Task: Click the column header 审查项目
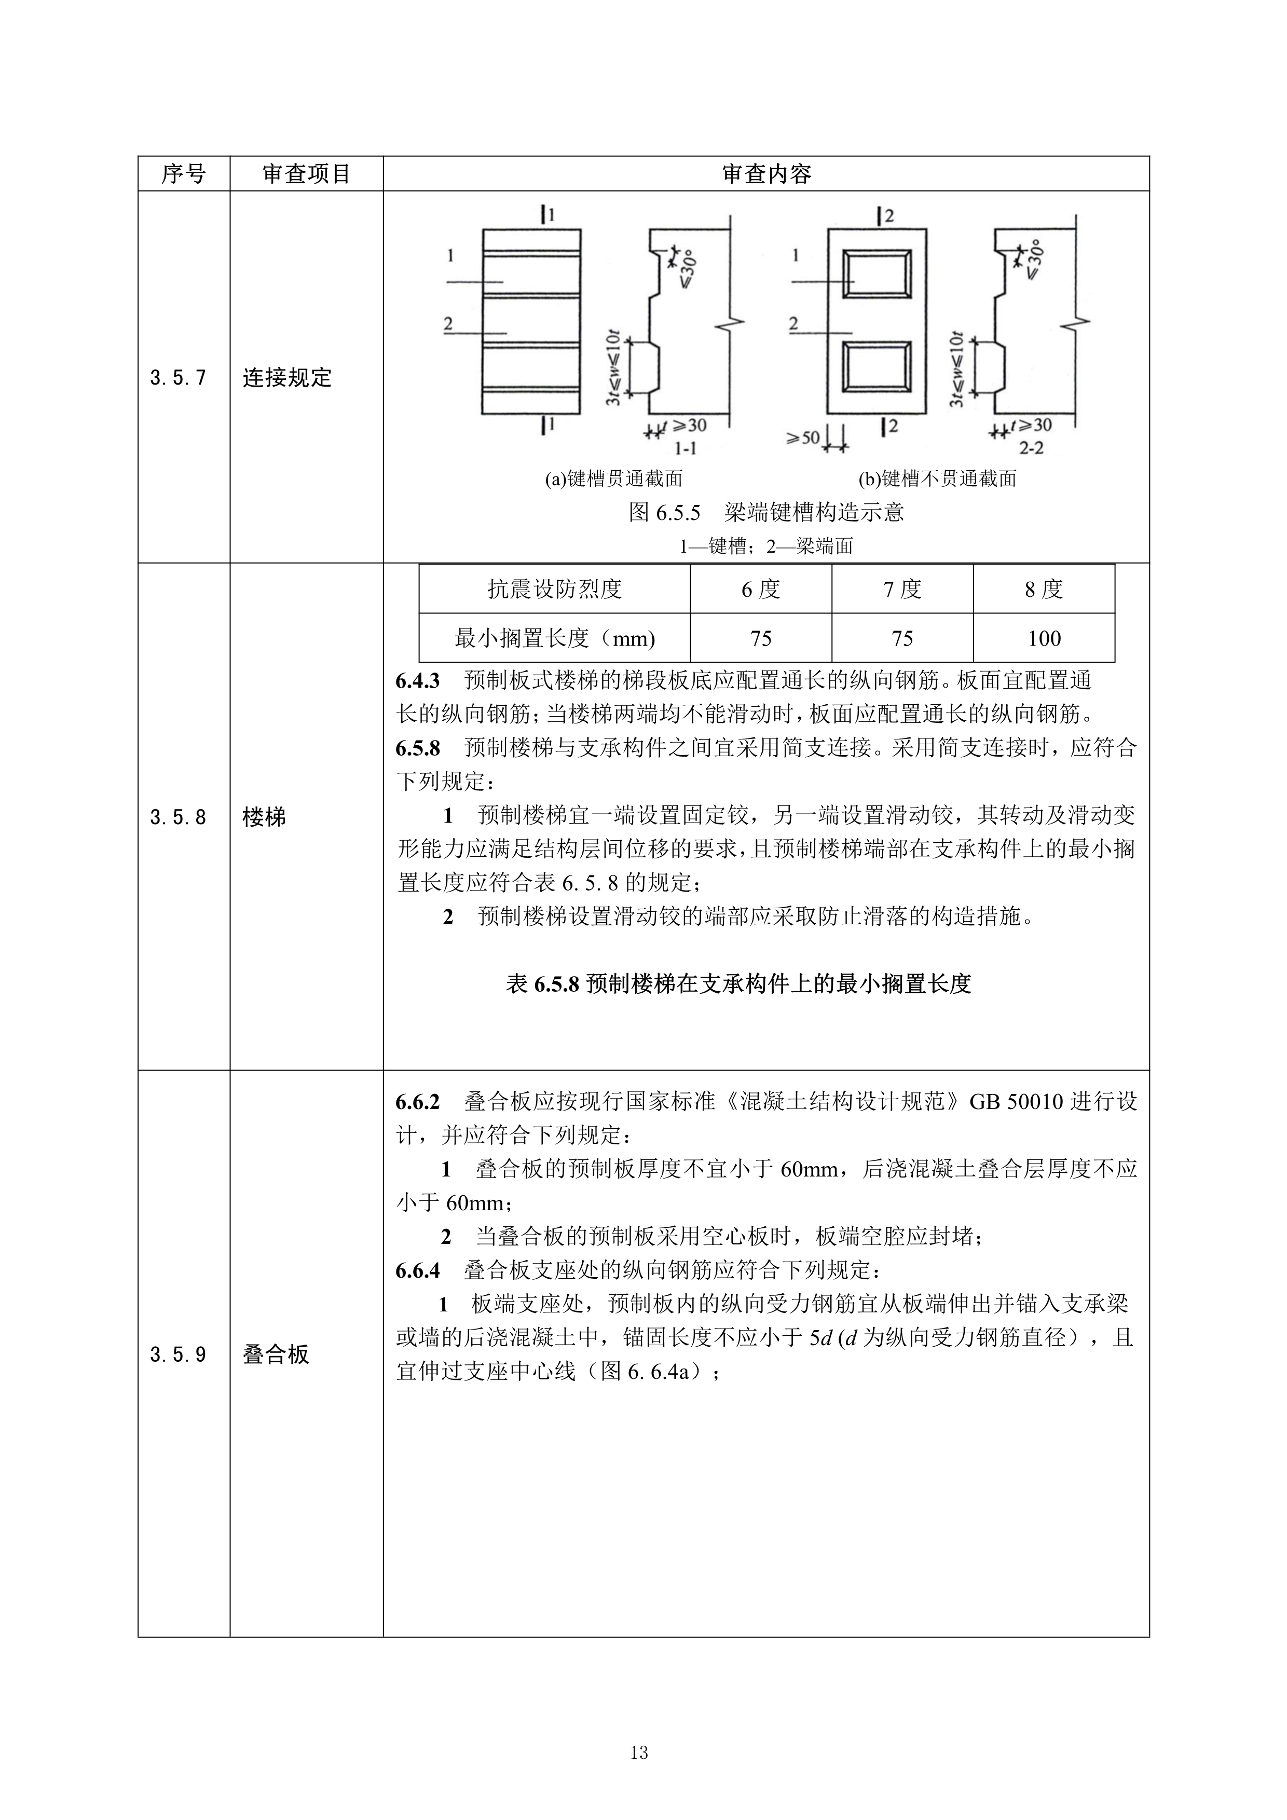(307, 174)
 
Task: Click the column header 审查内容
(766, 174)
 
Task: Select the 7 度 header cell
(902, 589)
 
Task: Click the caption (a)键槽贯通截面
(613, 479)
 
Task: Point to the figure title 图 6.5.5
(664, 513)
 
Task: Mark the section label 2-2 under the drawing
(1031, 449)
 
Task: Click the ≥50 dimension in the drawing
(803, 437)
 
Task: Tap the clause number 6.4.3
(418, 681)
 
